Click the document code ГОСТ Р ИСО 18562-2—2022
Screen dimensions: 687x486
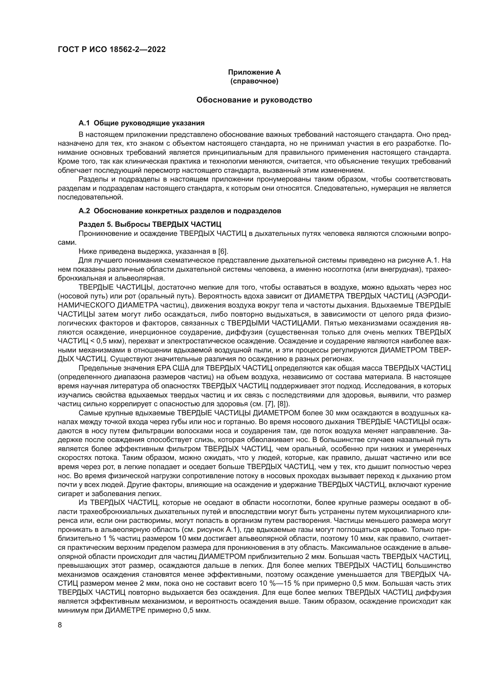(111, 50)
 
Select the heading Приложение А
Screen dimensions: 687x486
(254, 72)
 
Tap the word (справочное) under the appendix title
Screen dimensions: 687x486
(254, 81)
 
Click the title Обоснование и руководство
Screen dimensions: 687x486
(254, 100)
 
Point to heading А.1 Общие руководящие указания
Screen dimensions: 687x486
(142, 123)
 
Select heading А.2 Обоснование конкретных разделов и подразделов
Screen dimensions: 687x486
(180, 211)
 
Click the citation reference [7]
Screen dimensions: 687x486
(270, 404)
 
